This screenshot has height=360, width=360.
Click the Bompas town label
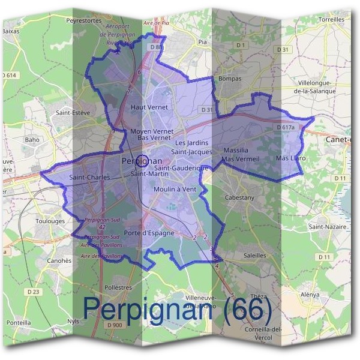tap(230, 79)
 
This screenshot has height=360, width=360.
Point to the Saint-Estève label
tap(72, 112)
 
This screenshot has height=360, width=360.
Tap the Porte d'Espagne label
tap(149, 233)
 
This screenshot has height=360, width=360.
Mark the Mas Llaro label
tap(291, 158)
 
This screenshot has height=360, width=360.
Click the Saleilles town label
tap(255, 255)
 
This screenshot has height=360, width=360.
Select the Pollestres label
tap(118, 287)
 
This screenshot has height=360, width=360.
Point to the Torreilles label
tap(332, 19)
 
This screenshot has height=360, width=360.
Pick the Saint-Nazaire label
tap(328, 227)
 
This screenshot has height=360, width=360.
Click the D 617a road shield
tap(287, 128)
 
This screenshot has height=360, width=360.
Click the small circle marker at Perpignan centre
tap(142, 161)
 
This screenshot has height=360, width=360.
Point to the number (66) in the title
tap(247, 308)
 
